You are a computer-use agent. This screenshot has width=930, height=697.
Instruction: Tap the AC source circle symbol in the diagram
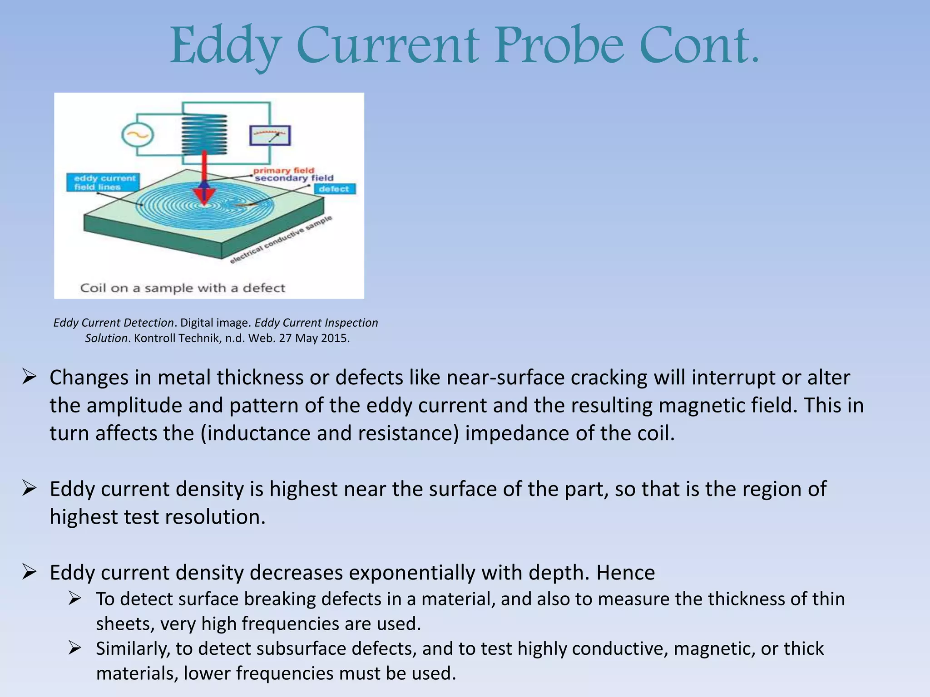pos(138,135)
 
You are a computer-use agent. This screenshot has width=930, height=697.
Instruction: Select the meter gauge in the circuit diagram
pos(270,135)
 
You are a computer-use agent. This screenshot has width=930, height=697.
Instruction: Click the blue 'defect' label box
pos(334,189)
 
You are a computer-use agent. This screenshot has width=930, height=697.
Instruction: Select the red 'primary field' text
pos(284,171)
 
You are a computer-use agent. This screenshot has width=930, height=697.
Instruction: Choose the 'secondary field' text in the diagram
pos(294,178)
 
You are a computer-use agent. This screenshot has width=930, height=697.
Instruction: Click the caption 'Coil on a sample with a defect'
pos(183,288)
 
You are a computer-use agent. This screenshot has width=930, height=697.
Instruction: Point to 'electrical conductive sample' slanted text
pos(281,239)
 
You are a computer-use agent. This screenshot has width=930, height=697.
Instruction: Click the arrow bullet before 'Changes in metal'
pos(29,377)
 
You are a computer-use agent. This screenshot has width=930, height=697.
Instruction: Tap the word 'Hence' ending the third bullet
pos(625,573)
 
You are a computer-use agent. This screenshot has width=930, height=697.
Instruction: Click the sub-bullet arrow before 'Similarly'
pos(75,648)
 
